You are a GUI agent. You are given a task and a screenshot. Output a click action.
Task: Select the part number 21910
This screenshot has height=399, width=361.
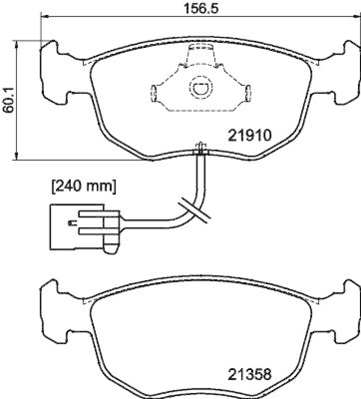[249, 135]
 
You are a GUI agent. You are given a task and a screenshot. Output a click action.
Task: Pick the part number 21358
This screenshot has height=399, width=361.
[249, 374]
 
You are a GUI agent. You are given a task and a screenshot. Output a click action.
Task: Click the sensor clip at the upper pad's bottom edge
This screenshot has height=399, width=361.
[201, 148]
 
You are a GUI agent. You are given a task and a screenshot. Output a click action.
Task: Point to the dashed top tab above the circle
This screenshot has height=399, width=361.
[200, 54]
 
